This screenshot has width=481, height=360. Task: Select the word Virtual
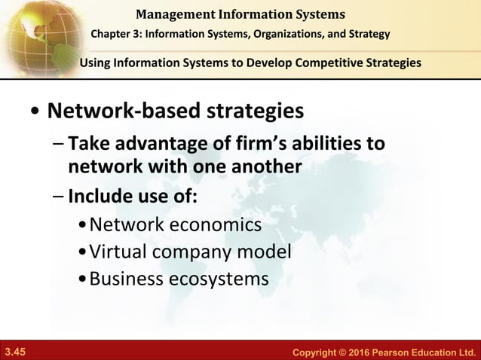pos(117,252)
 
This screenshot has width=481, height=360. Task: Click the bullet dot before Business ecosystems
pos(82,279)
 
